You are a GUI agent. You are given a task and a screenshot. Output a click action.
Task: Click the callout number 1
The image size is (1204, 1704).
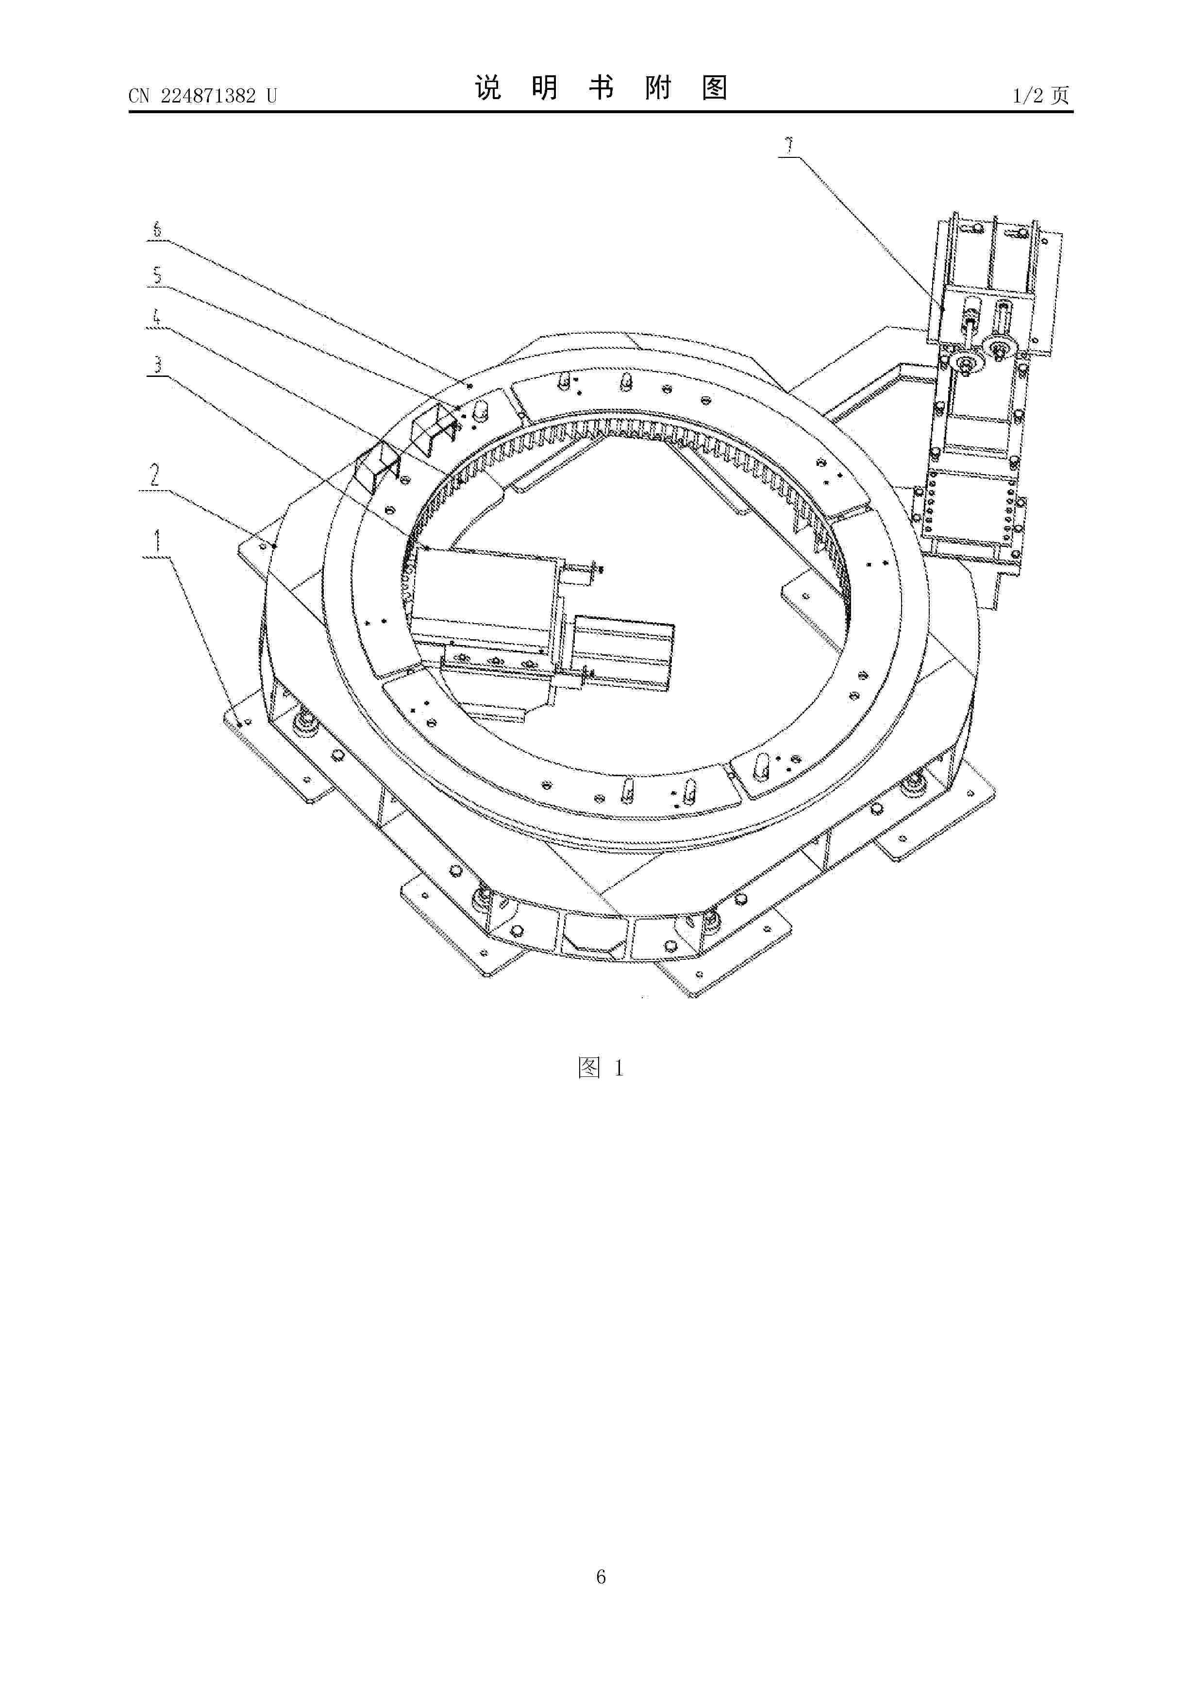tap(156, 542)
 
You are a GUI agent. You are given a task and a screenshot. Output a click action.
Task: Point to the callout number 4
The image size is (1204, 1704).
tap(156, 318)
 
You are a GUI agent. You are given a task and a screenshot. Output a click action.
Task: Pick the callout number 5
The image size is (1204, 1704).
tap(156, 275)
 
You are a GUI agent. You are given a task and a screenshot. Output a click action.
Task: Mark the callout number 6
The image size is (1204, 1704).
tap(156, 229)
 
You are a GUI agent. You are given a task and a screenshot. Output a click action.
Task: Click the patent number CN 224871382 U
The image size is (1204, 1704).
tap(202, 96)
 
